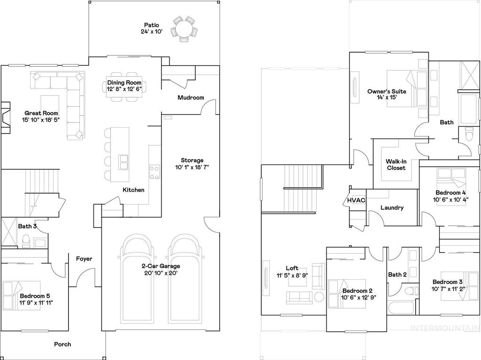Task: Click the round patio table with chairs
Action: [x=183, y=29]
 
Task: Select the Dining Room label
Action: [x=124, y=83]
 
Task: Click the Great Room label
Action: [x=41, y=113]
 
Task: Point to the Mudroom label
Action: [x=191, y=98]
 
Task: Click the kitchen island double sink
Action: [x=124, y=161]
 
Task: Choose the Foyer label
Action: [x=84, y=258]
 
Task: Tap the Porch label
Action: [x=62, y=344]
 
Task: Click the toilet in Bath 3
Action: [x=27, y=241]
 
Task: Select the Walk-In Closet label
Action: [x=396, y=164]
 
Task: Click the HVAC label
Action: [x=356, y=200]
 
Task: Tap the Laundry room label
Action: [x=392, y=208]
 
